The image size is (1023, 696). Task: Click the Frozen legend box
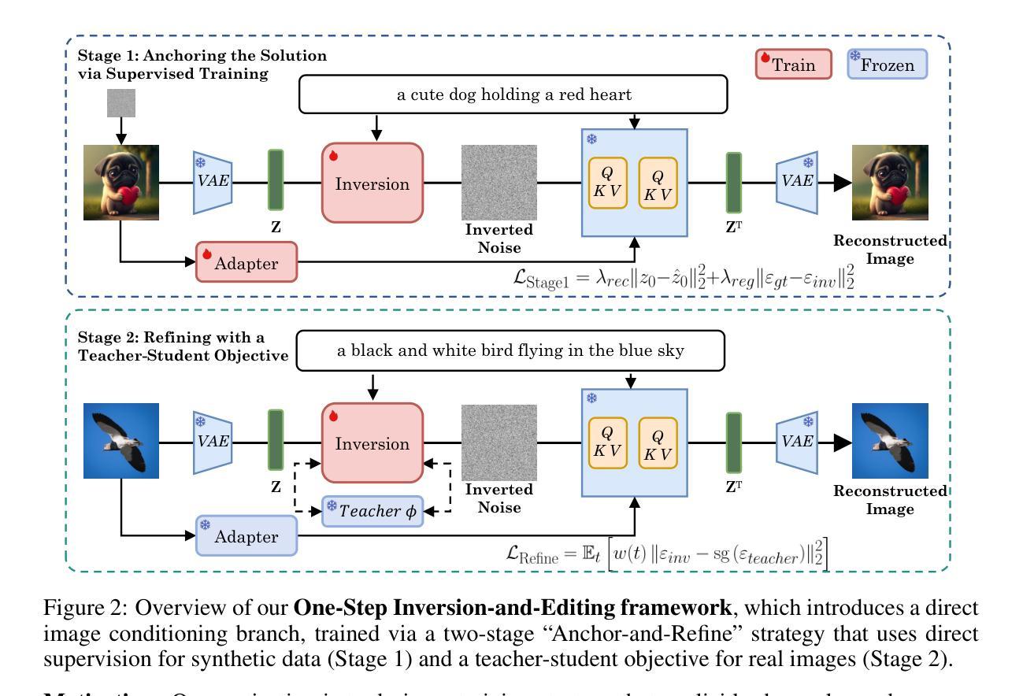(x=888, y=64)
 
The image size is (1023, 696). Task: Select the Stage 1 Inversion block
(x=373, y=183)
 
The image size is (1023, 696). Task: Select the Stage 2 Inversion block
(x=373, y=442)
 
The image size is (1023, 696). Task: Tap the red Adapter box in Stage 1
(x=246, y=263)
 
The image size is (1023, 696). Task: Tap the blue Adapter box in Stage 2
(x=246, y=536)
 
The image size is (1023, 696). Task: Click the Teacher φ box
(x=374, y=510)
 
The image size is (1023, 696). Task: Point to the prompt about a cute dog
(x=513, y=95)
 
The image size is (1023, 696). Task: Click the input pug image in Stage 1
(x=121, y=183)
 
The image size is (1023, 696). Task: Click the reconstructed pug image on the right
(x=891, y=183)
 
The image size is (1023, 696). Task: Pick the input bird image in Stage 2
(x=121, y=442)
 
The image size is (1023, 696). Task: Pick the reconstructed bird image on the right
(x=891, y=442)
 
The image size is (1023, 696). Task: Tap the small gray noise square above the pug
(x=121, y=103)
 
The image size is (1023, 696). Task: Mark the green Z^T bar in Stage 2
(x=734, y=442)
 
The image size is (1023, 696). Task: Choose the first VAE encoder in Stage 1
(x=213, y=183)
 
